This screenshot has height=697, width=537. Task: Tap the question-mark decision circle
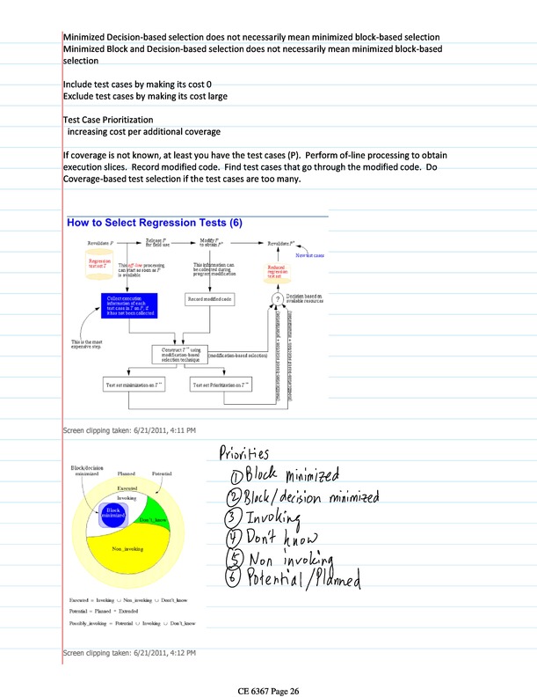pos(276,298)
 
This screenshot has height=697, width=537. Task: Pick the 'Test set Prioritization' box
pos(221,385)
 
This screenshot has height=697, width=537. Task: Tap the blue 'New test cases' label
pos(310,255)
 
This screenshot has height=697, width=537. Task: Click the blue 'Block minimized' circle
pos(112,513)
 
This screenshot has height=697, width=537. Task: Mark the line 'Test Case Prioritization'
pos(108,119)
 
